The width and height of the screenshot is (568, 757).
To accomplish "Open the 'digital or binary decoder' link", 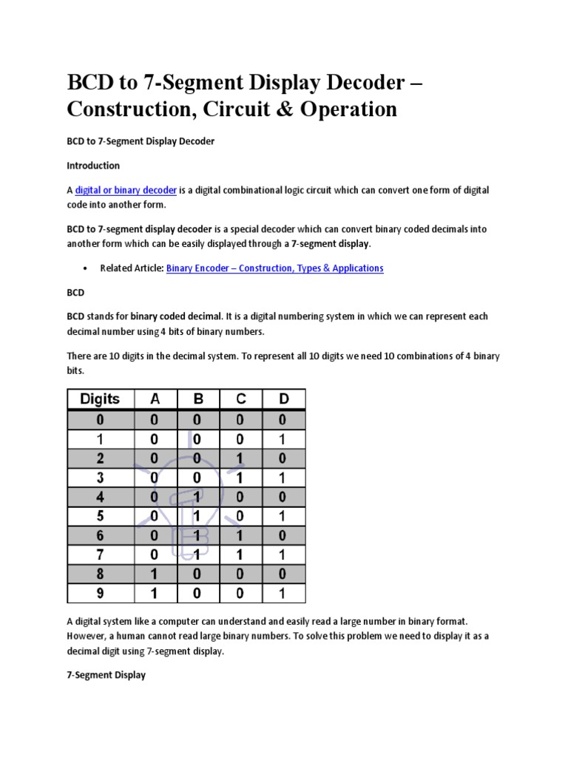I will [x=125, y=190].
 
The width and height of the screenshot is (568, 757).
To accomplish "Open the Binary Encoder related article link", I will [x=274, y=268].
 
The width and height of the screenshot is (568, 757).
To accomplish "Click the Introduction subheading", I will [x=93, y=166].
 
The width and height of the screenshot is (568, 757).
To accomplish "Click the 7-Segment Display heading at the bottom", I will [x=106, y=675].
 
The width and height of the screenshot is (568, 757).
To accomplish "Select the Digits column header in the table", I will [x=99, y=399].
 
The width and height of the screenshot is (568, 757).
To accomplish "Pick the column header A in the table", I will [x=155, y=399].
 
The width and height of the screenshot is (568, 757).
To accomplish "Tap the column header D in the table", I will [x=284, y=399].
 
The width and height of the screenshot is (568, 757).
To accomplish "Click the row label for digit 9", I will [x=99, y=592].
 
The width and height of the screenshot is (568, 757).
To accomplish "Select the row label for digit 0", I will [x=99, y=419].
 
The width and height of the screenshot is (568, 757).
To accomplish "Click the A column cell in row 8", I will [x=155, y=573].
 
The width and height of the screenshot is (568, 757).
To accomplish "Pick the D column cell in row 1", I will [x=284, y=438].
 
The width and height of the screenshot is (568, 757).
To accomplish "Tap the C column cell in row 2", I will [x=241, y=458].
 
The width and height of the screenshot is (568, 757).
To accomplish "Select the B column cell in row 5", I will [x=197, y=515].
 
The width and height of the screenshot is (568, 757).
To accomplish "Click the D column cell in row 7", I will [x=284, y=554].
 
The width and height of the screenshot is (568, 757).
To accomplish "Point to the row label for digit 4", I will [x=99, y=496].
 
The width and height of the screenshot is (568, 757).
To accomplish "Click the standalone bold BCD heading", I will [x=76, y=293].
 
